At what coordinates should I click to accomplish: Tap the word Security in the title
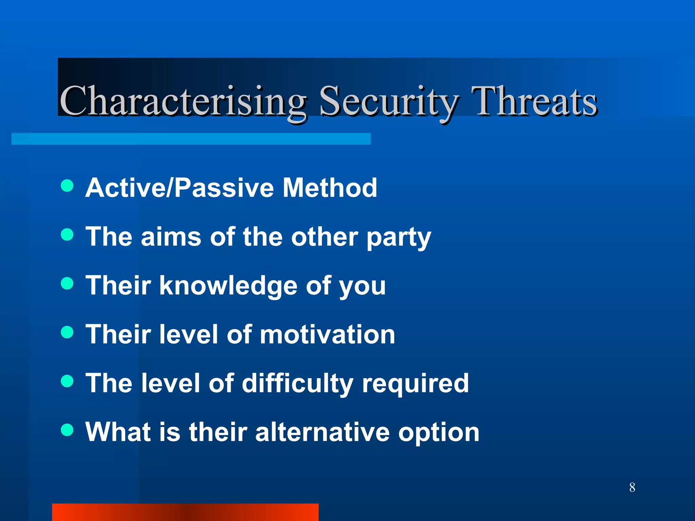coord(389,101)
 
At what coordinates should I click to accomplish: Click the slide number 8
coord(632,487)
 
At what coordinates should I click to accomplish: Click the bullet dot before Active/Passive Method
coord(67,186)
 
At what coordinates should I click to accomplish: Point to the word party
coord(399,237)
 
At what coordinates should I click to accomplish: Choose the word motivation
coord(327,334)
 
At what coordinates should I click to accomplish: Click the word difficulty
coord(298,384)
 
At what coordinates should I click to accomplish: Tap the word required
coord(415,384)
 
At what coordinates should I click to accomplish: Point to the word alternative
coord(322,432)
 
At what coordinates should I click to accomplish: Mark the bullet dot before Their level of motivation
coord(67,332)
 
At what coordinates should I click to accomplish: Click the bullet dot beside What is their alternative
coord(67,430)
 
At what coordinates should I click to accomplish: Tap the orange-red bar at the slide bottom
coord(185,512)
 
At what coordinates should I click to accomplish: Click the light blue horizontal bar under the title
coord(191,139)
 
